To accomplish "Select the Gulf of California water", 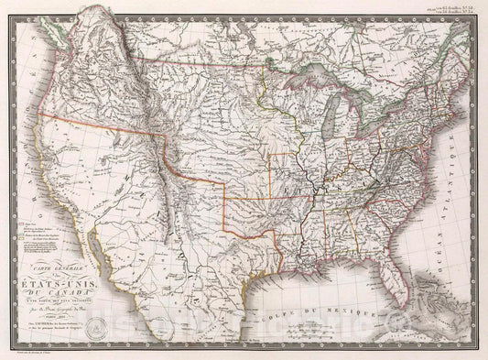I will tap(111, 266).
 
